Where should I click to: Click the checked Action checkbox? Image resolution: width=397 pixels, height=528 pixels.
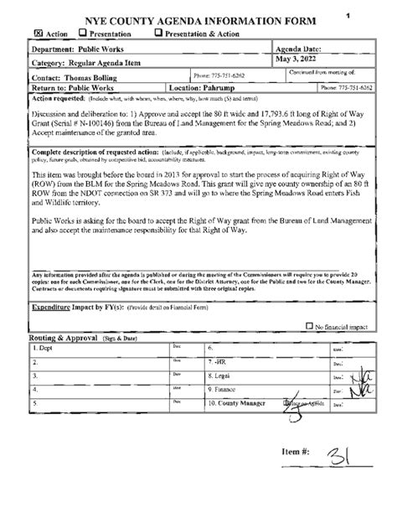coord(39,34)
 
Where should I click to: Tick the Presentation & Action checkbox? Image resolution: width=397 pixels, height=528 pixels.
coord(159,34)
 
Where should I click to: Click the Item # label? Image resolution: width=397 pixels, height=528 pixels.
coord(296,452)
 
